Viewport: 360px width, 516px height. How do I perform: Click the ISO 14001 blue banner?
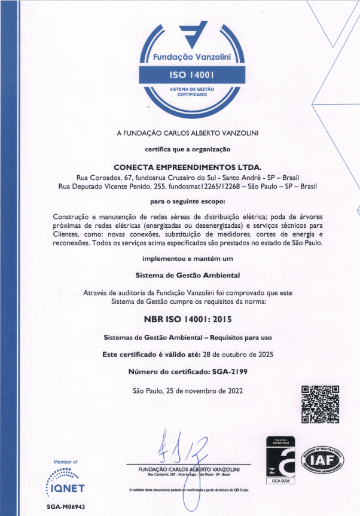tap(188, 74)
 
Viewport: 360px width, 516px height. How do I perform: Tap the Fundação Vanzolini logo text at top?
tap(188, 58)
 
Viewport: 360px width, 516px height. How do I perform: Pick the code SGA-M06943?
tap(66, 506)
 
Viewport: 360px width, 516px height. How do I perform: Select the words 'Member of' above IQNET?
tap(66, 462)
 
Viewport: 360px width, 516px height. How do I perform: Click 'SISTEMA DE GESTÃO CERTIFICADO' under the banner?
tap(188, 91)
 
